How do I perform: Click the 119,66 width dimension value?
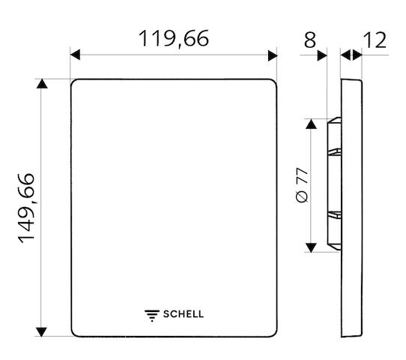174,38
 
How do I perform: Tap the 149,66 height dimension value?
26,208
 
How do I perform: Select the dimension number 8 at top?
310,40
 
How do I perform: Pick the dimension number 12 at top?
375,40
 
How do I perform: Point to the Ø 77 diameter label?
302,184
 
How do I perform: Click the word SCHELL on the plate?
184,314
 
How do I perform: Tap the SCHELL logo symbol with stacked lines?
152,316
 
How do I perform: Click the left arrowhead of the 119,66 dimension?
75,55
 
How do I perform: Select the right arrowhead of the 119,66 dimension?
273,55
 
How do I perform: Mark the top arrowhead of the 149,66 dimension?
42,84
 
